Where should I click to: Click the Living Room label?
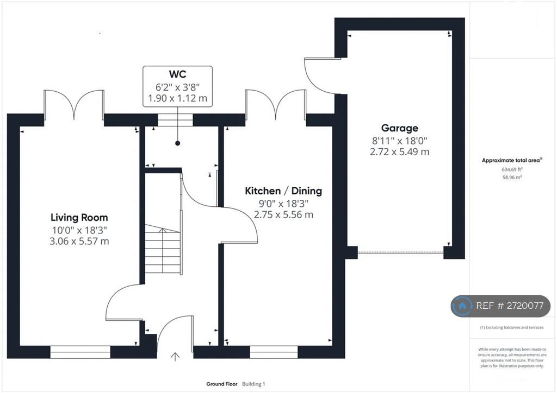79,217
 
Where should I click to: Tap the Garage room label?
400,128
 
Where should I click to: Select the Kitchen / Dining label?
283,191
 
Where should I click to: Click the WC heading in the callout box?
178,74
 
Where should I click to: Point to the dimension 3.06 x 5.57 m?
79,242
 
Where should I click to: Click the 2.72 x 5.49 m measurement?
400,151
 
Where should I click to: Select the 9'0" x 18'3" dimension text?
283,204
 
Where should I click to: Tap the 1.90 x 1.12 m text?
178,98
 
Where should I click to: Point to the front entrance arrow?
175,356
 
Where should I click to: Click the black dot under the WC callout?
178,143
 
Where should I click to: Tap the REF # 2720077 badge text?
510,306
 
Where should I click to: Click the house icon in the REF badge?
462,306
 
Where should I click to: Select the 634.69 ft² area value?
512,169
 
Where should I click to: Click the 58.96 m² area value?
512,177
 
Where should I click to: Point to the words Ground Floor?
222,384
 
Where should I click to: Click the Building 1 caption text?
253,384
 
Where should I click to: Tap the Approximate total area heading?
511,160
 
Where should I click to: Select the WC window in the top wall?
176,120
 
